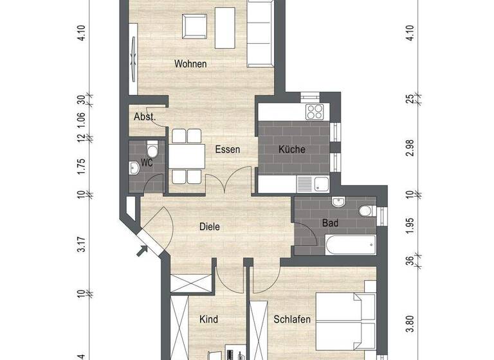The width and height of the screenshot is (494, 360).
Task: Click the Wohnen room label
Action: pos(190,64)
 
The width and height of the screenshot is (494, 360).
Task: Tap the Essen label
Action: pos(228,150)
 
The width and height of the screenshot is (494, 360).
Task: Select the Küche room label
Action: pos(291,150)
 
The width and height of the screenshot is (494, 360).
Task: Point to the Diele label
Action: pos(210,226)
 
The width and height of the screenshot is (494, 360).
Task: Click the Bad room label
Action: pos(331,223)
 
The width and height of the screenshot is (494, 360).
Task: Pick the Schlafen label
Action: pos(292,319)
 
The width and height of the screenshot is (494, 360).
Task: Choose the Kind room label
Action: pos(208,319)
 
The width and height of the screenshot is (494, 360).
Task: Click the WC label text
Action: pos(147,163)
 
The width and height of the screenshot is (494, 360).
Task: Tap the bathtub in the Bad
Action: pos(351,245)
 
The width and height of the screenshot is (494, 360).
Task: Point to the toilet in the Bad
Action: pos(365,210)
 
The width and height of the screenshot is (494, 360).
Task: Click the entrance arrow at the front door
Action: pos(142,250)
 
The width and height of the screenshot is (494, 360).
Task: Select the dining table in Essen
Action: pos(187,156)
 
